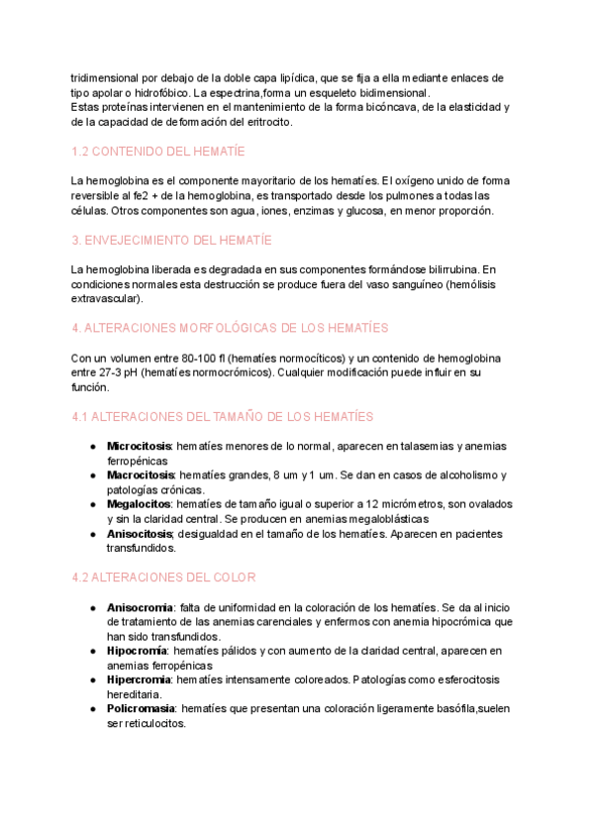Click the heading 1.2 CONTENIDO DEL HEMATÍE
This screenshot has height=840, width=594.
pyautogui.click(x=158, y=152)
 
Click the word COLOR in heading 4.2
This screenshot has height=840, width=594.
pyautogui.click(x=234, y=577)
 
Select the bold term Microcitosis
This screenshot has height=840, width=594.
pyautogui.click(x=139, y=446)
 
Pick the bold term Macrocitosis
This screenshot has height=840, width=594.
pyautogui.click(x=140, y=475)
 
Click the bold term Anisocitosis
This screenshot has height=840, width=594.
pyautogui.click(x=139, y=534)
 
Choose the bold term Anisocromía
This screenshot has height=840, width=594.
pyautogui.click(x=140, y=606)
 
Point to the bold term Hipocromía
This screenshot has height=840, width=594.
pyautogui.click(x=136, y=650)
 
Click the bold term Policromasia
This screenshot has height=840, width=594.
pyautogui.click(x=141, y=709)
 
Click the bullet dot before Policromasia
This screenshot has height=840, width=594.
pyautogui.click(x=93, y=709)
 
